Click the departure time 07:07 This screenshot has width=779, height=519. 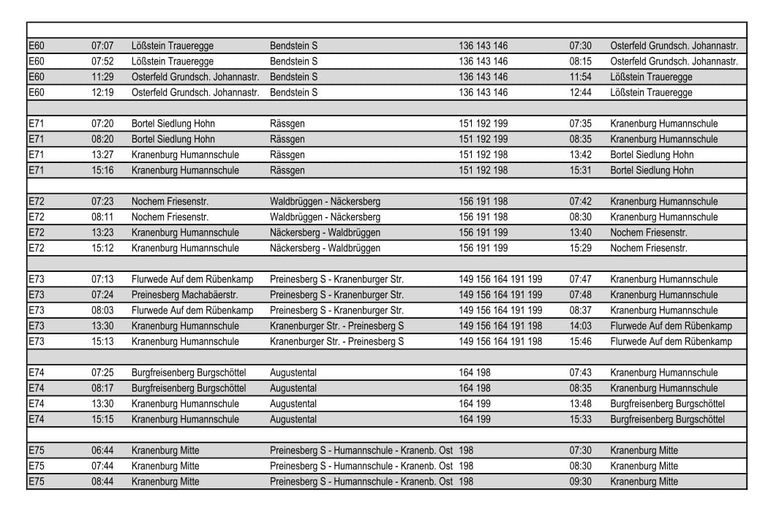(x=102, y=46)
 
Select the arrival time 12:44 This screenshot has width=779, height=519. (x=580, y=93)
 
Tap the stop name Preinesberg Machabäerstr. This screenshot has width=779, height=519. (x=184, y=295)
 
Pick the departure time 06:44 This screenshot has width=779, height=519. (x=102, y=450)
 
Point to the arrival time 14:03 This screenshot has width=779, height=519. (x=580, y=326)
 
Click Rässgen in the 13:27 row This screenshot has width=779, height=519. (x=287, y=155)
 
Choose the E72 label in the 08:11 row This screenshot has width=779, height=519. (x=37, y=217)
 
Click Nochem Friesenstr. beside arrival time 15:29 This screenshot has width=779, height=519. (x=649, y=249)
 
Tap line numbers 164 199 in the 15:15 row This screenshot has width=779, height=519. (x=475, y=420)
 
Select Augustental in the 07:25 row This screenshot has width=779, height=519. (x=293, y=373)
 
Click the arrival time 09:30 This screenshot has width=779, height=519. (x=580, y=482)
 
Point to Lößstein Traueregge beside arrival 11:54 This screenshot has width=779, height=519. (x=651, y=77)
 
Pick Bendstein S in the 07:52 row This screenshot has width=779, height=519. (x=293, y=61)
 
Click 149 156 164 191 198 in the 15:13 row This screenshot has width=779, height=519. (x=500, y=341)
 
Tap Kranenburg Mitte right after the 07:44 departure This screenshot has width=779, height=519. (x=165, y=466)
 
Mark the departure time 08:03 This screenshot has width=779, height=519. (x=102, y=311)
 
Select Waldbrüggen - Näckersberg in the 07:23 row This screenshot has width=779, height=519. (x=325, y=202)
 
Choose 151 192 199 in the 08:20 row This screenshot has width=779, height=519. (x=483, y=140)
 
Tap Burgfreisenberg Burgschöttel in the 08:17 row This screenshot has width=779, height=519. (x=189, y=388)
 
